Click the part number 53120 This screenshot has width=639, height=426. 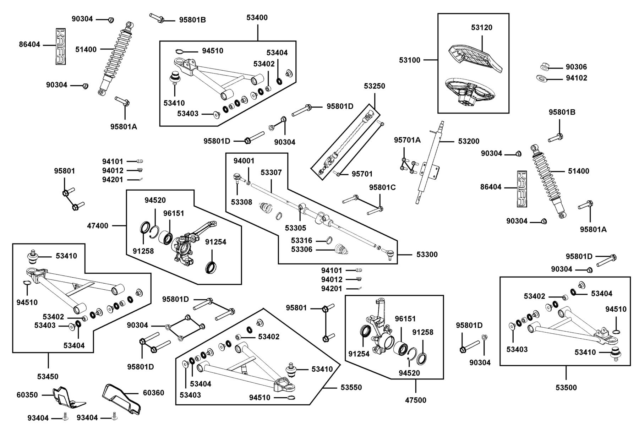click(x=482, y=27)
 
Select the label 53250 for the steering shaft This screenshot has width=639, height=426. click(x=374, y=86)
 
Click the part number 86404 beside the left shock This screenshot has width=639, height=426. click(x=29, y=45)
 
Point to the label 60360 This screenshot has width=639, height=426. click(x=153, y=392)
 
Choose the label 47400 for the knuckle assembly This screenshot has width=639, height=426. click(x=98, y=225)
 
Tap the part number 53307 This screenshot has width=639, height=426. click(x=271, y=173)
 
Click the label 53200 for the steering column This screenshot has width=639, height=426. click(x=469, y=141)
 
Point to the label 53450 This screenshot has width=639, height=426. click(x=48, y=376)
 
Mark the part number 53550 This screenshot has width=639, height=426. click(x=351, y=387)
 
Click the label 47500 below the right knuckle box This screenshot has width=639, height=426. click(x=415, y=400)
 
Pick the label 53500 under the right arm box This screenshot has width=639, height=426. click(x=566, y=387)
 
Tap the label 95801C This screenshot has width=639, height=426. click(x=382, y=187)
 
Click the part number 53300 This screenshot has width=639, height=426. click(x=427, y=254)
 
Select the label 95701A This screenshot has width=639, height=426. click(x=407, y=140)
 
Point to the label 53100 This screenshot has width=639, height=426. click(x=410, y=60)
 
